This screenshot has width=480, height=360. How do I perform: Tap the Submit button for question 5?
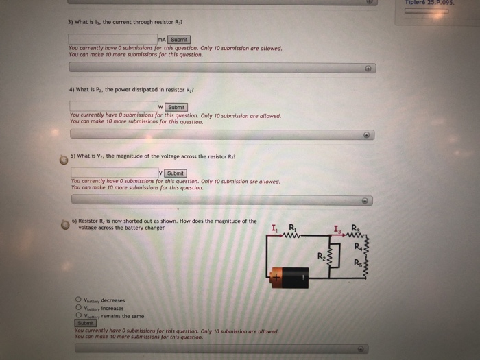[x=176, y=173]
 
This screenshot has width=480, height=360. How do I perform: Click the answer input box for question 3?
[x=112, y=40]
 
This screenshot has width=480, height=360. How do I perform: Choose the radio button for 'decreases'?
[x=78, y=299]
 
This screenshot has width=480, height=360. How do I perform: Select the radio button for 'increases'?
[x=78, y=307]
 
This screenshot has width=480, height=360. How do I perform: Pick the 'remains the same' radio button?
[x=78, y=315]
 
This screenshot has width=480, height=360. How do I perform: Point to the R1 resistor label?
[x=293, y=228]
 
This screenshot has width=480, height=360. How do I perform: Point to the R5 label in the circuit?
[x=358, y=263]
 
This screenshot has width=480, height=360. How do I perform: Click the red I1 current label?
[x=275, y=229]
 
